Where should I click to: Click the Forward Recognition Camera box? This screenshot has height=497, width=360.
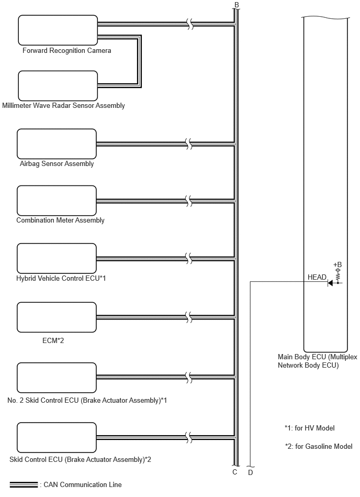(58, 30)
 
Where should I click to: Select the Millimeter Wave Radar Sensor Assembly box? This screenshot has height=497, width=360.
(58, 85)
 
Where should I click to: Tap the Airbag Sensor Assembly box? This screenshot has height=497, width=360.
(57, 144)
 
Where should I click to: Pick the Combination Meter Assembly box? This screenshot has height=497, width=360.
(57, 201)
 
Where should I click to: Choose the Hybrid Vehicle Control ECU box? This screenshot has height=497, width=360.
(57, 258)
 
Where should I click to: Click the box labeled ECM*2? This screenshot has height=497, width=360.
(57, 317)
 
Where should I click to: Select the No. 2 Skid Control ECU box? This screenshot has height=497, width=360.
(57, 378)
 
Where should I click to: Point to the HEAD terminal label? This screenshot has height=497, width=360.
(317, 277)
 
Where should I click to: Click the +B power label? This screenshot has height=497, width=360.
(337, 264)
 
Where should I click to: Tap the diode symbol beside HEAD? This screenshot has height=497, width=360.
(330, 283)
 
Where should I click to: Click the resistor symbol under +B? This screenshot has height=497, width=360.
(338, 277)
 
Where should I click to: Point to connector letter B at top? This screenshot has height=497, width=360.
(237, 5)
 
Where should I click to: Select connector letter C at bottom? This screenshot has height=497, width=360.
(234, 472)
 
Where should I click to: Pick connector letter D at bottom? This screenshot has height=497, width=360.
(251, 472)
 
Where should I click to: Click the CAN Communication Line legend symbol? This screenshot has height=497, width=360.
(24, 484)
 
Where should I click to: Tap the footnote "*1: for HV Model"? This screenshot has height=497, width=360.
(309, 428)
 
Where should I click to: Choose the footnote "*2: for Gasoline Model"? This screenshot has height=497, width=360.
(319, 447)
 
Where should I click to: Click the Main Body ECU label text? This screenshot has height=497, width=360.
(317, 361)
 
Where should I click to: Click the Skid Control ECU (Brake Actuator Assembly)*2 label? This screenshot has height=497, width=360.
(81, 460)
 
